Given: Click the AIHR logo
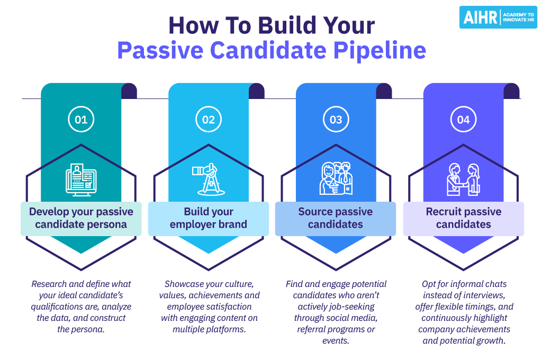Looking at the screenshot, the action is pos(498,17).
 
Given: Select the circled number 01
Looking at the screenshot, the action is pos(81,119).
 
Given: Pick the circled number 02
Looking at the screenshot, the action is pos(209,119).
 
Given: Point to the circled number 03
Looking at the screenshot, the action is pos(336,119).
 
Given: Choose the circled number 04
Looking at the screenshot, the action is pos(464,119).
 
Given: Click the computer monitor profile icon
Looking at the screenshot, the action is pos(81,180).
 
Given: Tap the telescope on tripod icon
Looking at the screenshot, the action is pos(209,179).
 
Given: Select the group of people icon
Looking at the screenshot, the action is pos(336,178).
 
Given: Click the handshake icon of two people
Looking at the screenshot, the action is pos(464,179).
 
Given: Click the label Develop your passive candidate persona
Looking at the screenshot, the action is pos(81,218).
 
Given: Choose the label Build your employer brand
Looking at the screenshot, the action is pos(209,218).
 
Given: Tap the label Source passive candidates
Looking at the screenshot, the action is pos(336,218).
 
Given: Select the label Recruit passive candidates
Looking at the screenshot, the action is pos(464,218).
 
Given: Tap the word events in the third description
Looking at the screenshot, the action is pos(336,340).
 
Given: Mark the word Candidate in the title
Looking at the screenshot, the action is pos(268,50).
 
